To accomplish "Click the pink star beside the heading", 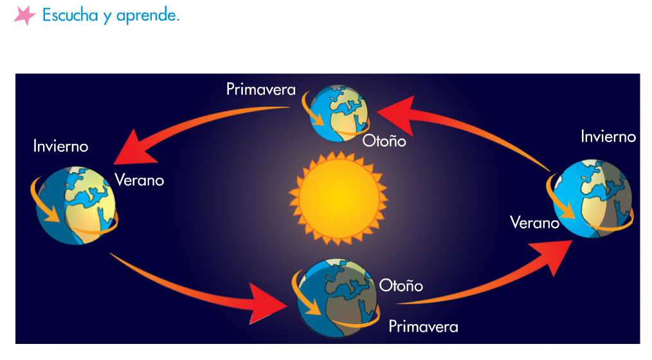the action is [x=24, y=15].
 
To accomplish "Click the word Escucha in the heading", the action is [x=70, y=15].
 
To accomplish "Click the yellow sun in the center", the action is [x=338, y=198].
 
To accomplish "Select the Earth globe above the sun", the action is [x=339, y=113].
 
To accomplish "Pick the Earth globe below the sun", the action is [x=337, y=298].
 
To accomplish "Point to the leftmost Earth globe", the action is [x=76, y=205].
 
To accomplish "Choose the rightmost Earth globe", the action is [x=592, y=199].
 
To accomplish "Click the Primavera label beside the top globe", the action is [x=260, y=89].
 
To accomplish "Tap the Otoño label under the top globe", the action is [x=385, y=141].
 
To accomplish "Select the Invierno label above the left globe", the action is [x=60, y=147].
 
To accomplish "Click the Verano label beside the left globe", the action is [x=140, y=181].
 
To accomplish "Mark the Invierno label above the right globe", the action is [x=608, y=136].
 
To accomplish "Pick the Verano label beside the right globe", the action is [x=535, y=223].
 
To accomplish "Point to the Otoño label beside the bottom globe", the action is [x=401, y=285].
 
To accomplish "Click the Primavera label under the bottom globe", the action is [x=423, y=327].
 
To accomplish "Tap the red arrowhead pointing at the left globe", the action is [x=134, y=149].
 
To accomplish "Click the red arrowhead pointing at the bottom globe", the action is [x=266, y=303].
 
